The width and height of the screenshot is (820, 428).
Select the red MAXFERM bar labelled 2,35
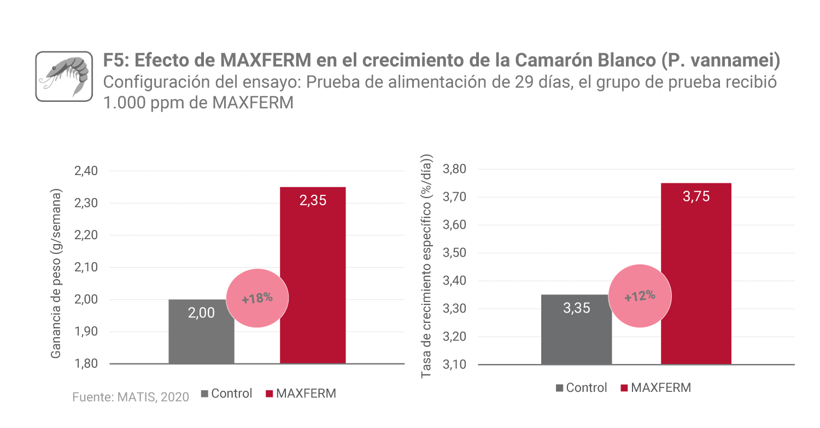(313, 274)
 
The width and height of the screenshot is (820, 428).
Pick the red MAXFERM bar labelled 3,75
(696, 274)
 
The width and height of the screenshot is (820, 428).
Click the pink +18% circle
(257, 298)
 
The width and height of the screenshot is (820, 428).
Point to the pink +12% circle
(640, 296)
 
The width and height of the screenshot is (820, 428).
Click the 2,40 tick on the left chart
(85, 171)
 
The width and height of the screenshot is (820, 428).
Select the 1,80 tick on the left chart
(85, 364)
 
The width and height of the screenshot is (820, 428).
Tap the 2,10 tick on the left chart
(85, 268)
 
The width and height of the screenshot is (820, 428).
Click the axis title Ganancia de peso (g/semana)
(56, 274)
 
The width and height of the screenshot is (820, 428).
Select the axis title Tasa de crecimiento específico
(427, 266)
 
